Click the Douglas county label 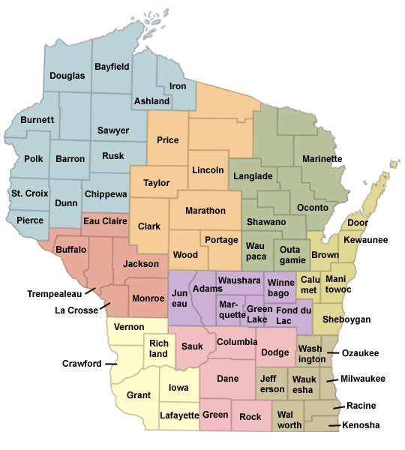point(67,76)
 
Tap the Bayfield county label point(112,67)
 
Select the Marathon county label point(205,211)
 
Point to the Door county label point(358,223)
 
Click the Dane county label point(227,379)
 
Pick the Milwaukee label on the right point(363,379)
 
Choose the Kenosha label point(361,425)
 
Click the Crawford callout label point(82,364)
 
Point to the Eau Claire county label point(103,220)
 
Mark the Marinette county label point(322,159)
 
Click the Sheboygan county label point(346,319)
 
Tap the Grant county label point(139,394)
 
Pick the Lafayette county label point(179,415)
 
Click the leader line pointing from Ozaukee point(332,352)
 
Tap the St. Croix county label point(30,193)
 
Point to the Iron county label point(178,86)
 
